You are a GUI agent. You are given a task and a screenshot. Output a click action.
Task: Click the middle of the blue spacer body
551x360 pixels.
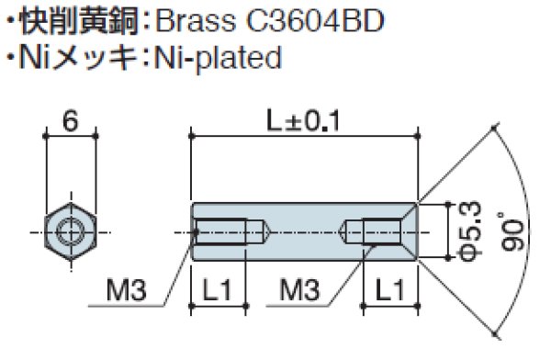[x=303, y=231]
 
